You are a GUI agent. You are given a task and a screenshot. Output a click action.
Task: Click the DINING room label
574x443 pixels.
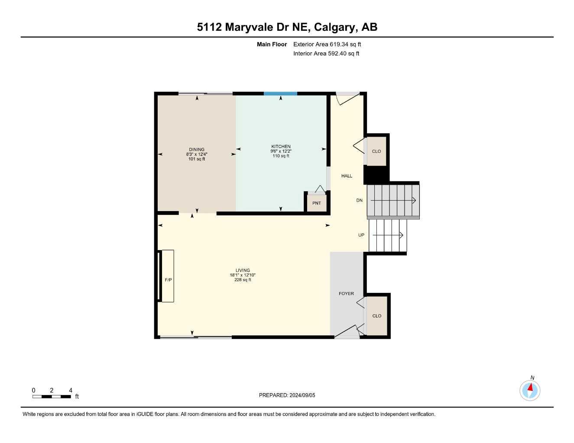click(197, 150)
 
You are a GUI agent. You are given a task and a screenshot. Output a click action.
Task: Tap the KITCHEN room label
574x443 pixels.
click(281, 147)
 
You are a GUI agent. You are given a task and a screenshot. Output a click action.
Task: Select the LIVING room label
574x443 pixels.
click(243, 270)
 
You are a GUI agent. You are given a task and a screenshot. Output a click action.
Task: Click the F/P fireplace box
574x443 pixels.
click(168, 276)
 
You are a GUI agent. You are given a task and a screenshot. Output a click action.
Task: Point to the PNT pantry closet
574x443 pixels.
click(317, 203)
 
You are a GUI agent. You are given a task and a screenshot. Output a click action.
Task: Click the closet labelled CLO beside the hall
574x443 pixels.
click(376, 151)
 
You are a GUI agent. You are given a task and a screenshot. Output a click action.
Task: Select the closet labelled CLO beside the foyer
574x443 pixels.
click(377, 316)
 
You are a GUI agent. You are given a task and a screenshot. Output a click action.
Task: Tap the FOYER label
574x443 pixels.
click(346, 294)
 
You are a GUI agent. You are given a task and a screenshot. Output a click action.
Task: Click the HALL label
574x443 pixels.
click(347, 176)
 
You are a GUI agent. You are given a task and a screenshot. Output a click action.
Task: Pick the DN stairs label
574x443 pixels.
click(359, 200)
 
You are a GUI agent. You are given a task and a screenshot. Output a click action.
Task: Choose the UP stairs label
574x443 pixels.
click(361, 235)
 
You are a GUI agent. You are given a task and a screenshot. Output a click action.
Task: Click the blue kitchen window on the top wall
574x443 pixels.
click(280, 93)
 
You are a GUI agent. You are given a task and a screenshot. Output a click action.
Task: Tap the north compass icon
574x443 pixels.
click(530, 390)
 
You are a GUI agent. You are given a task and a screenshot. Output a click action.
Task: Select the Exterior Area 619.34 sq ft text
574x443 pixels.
click(327, 44)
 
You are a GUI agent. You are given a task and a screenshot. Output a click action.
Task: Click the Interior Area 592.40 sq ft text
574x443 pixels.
click(326, 54)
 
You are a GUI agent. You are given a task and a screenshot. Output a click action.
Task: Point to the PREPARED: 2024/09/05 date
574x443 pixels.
click(287, 395)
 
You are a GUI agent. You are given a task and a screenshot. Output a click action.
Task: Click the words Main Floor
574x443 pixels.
click(272, 44)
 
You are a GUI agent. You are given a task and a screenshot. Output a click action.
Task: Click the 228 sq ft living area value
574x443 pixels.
click(243, 280)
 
